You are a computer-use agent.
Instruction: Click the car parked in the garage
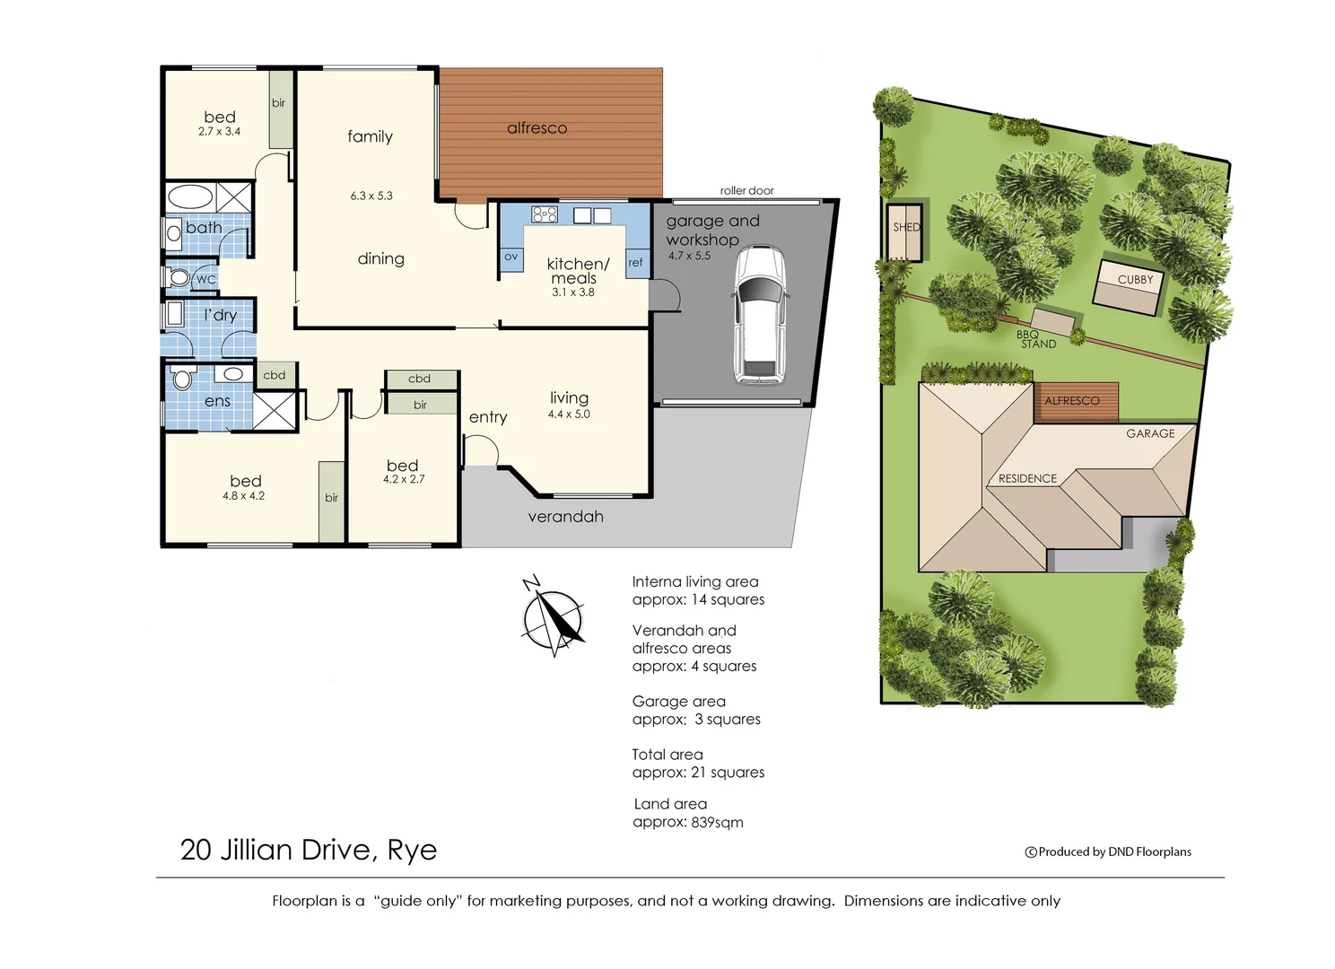(x=759, y=315)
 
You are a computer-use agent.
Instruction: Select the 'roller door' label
(x=746, y=190)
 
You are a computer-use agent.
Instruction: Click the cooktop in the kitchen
(x=545, y=214)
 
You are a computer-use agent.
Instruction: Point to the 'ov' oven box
(x=510, y=258)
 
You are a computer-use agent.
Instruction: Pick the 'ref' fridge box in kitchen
(x=636, y=263)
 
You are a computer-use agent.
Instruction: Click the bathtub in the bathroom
(x=190, y=196)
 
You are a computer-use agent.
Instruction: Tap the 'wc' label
(x=205, y=279)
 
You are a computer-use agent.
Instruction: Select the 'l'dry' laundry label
(x=220, y=315)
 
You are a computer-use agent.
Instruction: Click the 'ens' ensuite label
(x=217, y=401)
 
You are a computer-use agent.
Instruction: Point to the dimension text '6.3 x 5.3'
(x=371, y=196)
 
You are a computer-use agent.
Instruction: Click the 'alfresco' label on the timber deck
(x=537, y=128)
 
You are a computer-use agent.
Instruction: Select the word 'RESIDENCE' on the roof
(x=1027, y=478)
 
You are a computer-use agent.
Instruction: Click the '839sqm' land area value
(x=717, y=822)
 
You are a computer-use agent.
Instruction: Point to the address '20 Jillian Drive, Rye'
(x=309, y=850)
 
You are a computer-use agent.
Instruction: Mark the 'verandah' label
(x=565, y=517)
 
